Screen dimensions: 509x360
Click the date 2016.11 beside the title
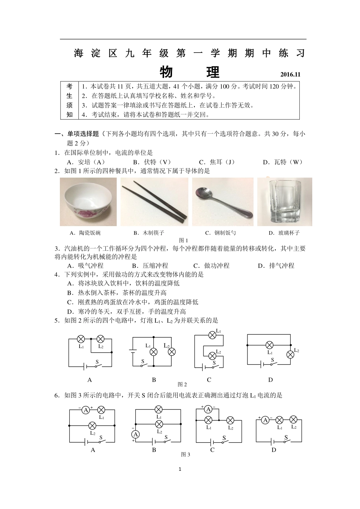coord(290,75)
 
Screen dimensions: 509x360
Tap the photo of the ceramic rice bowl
coord(88,201)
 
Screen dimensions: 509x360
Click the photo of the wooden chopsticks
coord(154,201)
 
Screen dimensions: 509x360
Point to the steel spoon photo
coord(222,201)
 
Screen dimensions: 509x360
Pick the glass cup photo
coord(285,201)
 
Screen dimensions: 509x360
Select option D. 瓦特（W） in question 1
coord(283,162)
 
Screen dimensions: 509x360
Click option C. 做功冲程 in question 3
coord(211,265)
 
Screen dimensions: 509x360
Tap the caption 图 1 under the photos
coord(183,240)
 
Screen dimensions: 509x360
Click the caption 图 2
coord(183,384)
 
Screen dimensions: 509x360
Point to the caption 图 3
coord(185,454)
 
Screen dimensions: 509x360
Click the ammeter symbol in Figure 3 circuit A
coord(86,410)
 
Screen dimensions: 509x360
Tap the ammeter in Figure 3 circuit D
coord(265,420)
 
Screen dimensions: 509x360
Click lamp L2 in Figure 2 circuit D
coord(290,354)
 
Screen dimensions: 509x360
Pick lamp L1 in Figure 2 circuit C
coord(212,334)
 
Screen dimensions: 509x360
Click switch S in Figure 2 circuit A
coord(97,365)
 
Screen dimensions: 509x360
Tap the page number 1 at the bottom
coord(180,469)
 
